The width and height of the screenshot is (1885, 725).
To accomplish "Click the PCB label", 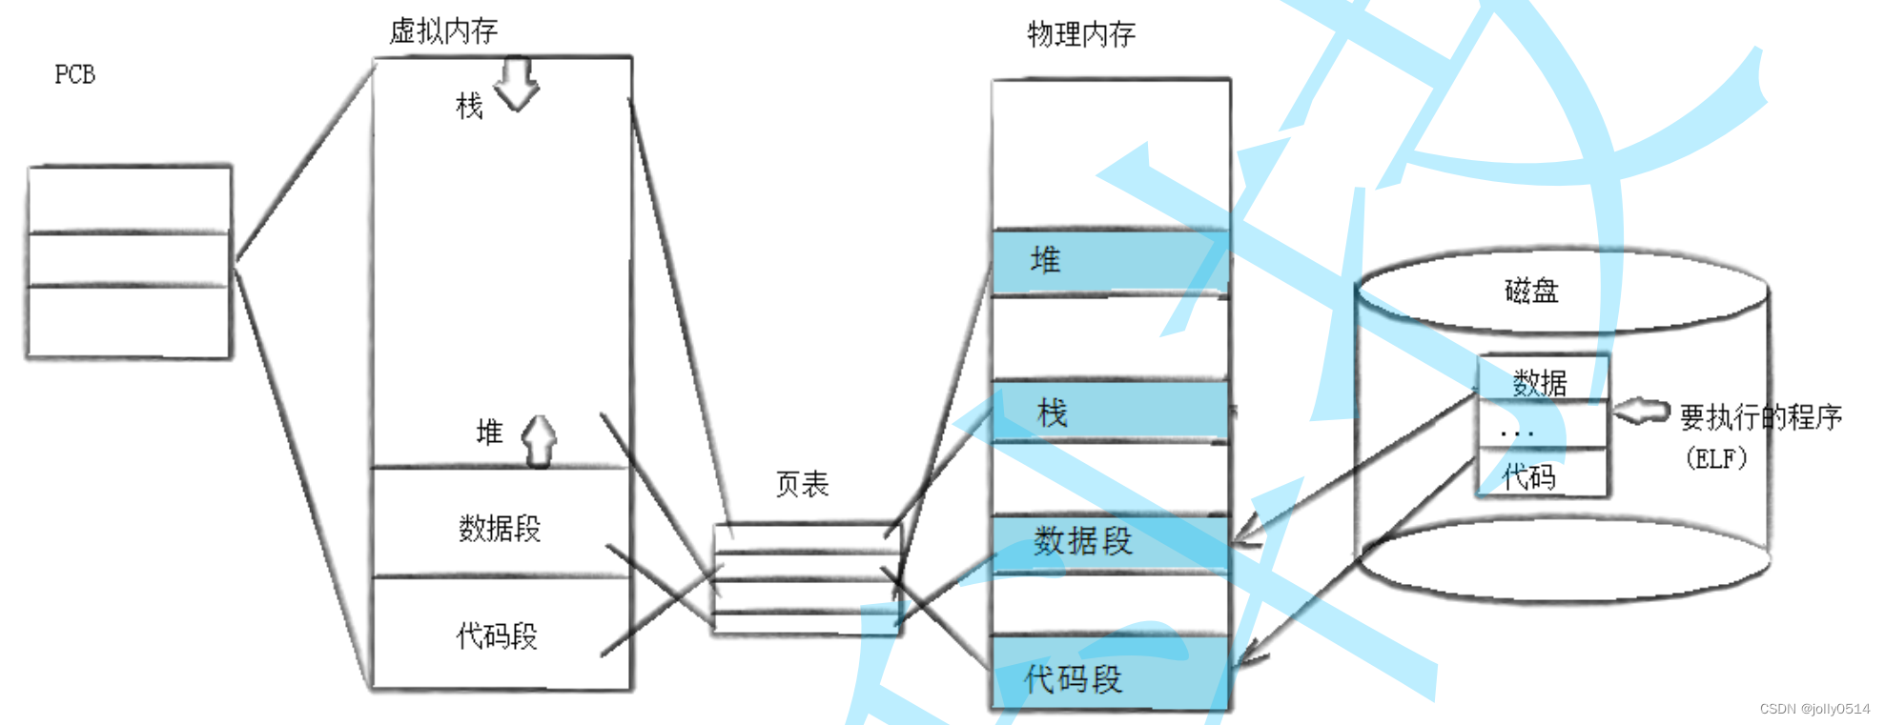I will (74, 74).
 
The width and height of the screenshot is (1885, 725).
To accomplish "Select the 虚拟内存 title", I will (443, 31).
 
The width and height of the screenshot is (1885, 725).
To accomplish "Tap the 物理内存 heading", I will (1081, 35).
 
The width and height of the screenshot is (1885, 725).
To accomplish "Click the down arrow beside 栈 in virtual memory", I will (517, 84).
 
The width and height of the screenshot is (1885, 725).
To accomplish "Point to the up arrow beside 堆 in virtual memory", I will (540, 440).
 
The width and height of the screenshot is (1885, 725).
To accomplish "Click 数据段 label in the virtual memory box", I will (500, 528).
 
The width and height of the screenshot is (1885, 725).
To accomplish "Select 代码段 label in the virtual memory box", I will (497, 635).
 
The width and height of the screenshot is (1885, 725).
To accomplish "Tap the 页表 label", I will (802, 484).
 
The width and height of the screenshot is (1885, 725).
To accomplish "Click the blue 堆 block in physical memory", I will (1110, 261).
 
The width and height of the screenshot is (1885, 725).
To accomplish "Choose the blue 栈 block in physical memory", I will (1110, 413).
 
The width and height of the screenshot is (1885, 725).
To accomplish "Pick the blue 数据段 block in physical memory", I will (1110, 543).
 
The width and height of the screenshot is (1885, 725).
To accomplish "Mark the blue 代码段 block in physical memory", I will (1110, 675).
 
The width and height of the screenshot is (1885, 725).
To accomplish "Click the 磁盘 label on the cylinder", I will (1531, 291).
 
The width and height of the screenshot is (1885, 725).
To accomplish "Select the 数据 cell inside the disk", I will (1541, 381).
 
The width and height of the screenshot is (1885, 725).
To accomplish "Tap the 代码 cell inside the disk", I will (1529, 475).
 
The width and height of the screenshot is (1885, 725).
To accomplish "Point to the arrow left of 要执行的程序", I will (1642, 412).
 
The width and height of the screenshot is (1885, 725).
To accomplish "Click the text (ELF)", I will (1716, 458).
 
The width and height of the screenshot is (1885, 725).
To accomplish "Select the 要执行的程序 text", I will (1760, 416).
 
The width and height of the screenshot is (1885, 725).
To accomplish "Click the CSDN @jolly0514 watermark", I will (1814, 709).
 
